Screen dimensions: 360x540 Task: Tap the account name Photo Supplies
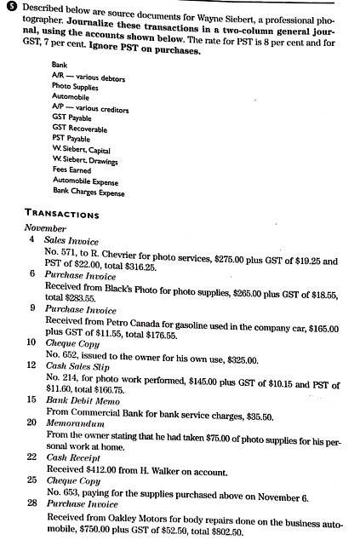click(x=73, y=87)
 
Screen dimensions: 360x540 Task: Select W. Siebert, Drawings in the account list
click(x=85, y=161)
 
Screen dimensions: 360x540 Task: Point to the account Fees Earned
click(x=71, y=171)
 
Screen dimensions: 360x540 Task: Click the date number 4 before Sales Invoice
click(x=30, y=240)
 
